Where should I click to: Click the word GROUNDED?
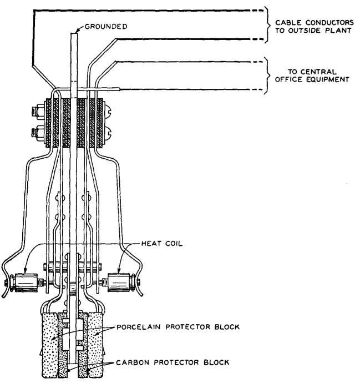(106, 27)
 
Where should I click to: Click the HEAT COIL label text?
(162, 244)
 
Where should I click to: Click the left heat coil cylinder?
(26, 283)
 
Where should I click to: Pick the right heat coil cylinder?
(119, 283)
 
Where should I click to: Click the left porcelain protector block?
(50, 345)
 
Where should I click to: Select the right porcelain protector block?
(95, 345)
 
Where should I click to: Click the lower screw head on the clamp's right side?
(107, 133)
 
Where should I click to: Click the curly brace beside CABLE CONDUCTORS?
(267, 24)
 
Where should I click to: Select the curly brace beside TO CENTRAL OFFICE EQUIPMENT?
(267, 75)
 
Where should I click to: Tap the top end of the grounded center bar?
(74, 33)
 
